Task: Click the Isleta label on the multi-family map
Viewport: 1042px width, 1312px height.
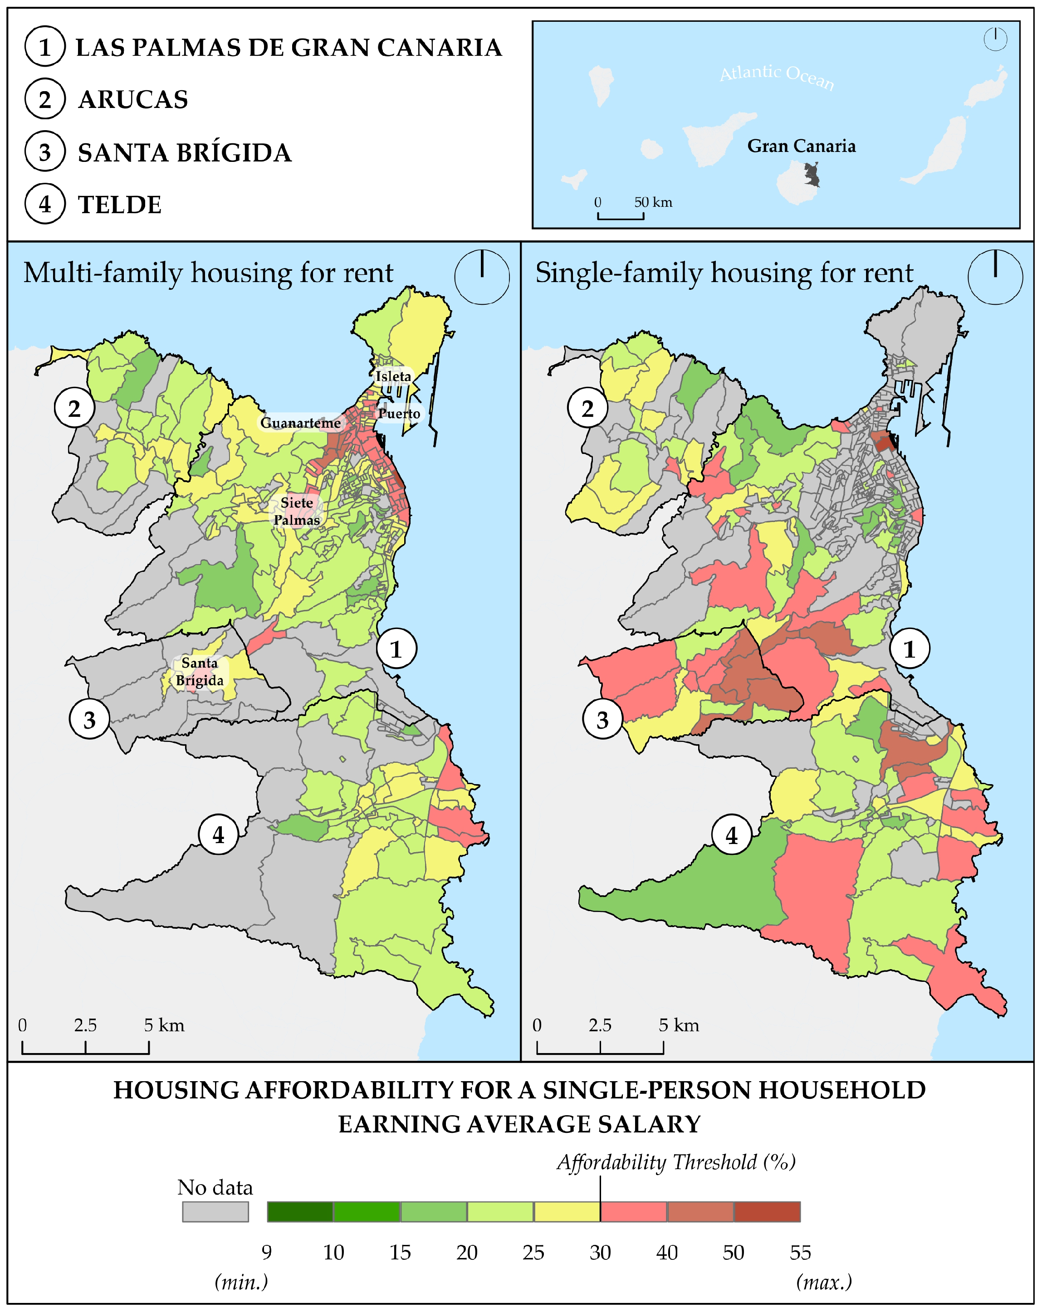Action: (x=392, y=376)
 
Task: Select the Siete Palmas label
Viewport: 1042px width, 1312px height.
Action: (x=296, y=511)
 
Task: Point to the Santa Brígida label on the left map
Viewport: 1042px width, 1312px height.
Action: (x=200, y=671)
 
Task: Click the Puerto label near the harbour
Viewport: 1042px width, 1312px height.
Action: (x=399, y=413)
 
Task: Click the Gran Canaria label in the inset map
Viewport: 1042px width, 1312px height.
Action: (x=801, y=146)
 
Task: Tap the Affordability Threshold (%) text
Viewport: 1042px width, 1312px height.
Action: (x=675, y=1162)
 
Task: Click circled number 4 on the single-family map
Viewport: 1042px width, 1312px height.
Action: (x=732, y=835)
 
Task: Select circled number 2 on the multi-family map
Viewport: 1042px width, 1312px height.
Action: (x=74, y=408)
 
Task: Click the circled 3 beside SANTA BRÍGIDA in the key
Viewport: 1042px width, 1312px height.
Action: (x=45, y=152)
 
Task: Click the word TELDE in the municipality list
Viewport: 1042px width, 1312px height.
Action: (x=120, y=205)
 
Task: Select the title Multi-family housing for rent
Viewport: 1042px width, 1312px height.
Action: (x=208, y=273)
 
